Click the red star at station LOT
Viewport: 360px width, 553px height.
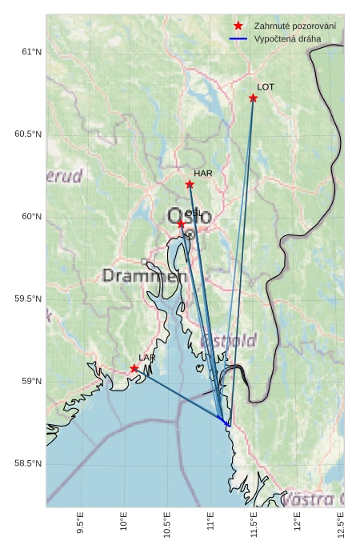(x=253, y=98)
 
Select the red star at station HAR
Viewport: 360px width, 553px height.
(x=190, y=184)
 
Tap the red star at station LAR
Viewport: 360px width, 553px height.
(x=134, y=368)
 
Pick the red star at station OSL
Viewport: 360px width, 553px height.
(x=182, y=224)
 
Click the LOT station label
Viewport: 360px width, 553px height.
(x=266, y=86)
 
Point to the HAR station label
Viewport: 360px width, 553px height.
(x=202, y=173)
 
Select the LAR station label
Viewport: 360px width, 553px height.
(x=147, y=358)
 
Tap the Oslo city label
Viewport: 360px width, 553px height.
(x=190, y=216)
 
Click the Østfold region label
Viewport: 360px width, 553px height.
(x=229, y=341)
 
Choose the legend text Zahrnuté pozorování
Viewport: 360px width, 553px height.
(x=294, y=26)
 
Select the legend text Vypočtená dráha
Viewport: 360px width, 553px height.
(x=286, y=38)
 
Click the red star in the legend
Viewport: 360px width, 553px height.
(x=238, y=26)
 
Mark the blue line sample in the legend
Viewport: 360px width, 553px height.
(x=238, y=38)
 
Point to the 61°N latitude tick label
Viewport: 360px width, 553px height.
(x=30, y=52)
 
